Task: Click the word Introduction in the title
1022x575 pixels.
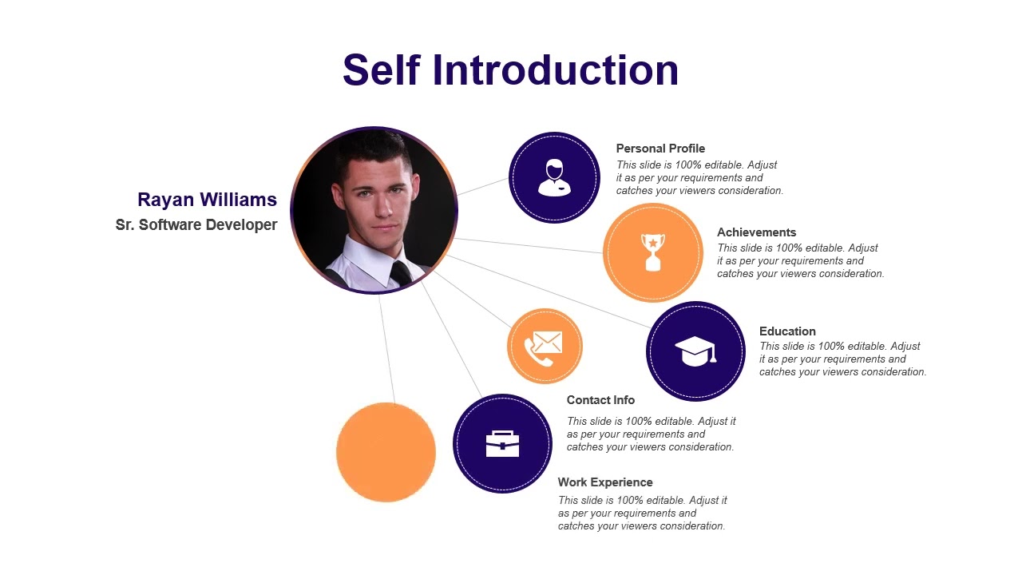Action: click(556, 70)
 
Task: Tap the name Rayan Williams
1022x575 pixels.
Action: click(207, 200)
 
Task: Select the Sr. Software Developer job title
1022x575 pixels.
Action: click(196, 225)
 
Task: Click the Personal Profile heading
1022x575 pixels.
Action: click(660, 149)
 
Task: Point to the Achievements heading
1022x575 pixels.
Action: click(756, 232)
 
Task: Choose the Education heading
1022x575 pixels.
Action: click(787, 331)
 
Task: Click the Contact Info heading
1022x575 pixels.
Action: click(600, 400)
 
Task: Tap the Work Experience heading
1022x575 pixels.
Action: click(605, 482)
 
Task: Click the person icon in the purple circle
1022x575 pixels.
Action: click(554, 177)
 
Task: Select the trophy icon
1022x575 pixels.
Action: click(653, 252)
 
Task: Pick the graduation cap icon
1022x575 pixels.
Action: click(695, 351)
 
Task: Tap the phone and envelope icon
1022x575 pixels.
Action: click(545, 347)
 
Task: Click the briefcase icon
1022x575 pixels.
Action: click(502, 443)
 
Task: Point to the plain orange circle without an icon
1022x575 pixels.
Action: click(386, 452)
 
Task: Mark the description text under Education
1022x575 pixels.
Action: click(842, 359)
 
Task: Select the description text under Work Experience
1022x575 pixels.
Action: click(642, 514)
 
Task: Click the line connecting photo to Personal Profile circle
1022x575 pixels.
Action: click(482, 187)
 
